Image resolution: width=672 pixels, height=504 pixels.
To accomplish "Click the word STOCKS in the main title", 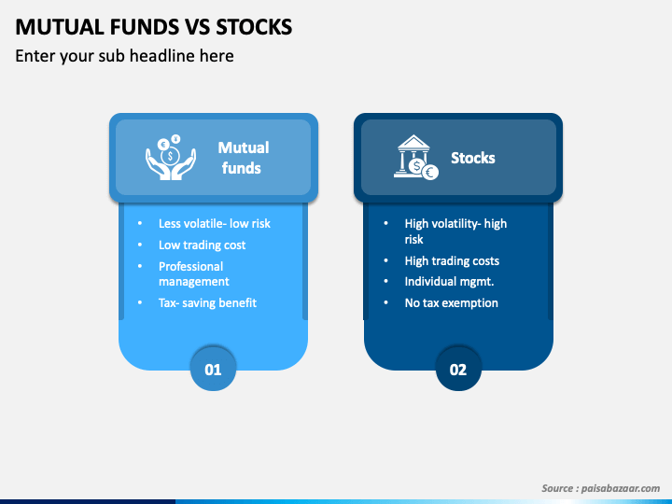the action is point(254,27).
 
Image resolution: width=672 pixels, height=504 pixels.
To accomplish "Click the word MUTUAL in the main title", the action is point(59,27).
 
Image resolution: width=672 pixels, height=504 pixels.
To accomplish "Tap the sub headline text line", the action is point(124,56).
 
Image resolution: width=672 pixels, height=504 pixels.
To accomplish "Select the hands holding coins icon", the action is point(171,157).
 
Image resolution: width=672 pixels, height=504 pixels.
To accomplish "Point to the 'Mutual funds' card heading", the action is point(243,158).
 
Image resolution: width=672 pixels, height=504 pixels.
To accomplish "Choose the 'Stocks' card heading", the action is point(472,158).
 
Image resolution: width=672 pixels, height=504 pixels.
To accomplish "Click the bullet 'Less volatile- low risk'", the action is point(215,223).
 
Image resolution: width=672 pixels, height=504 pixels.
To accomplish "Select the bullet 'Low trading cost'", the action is point(202,245).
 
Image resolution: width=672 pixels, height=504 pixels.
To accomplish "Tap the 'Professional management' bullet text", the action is point(194,273).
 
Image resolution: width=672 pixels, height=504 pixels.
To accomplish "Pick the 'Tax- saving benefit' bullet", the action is point(207,302).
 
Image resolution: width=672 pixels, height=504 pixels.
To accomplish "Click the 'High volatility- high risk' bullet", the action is point(455,231).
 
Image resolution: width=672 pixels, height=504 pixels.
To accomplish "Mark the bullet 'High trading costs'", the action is point(452,260).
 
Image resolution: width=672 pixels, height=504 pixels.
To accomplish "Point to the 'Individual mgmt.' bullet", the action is point(449,281).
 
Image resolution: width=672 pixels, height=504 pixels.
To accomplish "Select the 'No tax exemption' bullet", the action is point(452,302).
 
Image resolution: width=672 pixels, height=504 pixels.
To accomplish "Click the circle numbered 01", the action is point(213,369).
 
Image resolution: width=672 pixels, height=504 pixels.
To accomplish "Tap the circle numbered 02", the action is point(458,369).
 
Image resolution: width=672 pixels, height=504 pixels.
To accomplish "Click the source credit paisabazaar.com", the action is point(600,488).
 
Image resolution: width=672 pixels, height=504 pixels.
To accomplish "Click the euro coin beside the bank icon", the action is point(430,173).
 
